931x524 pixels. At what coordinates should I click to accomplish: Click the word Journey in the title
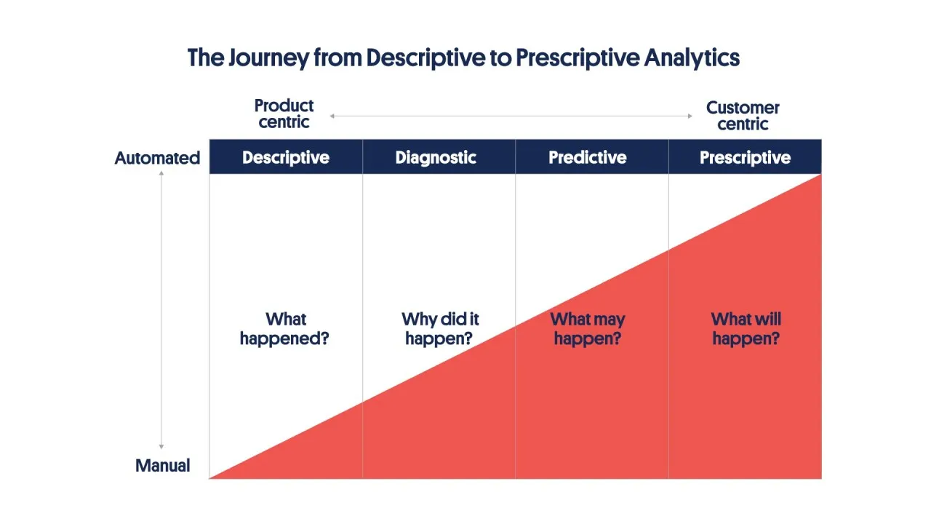click(x=265, y=57)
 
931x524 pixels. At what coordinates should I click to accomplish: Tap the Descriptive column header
click(x=285, y=157)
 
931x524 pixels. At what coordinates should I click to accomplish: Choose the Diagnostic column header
click(x=436, y=157)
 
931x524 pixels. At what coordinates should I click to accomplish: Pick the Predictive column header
click(x=587, y=157)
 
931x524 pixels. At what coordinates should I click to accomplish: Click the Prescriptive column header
click(x=745, y=157)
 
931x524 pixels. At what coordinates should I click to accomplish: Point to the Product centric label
click(x=284, y=114)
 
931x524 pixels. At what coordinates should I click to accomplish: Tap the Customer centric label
click(x=743, y=116)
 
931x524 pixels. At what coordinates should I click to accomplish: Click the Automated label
click(x=157, y=158)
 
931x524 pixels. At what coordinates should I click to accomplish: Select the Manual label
click(x=162, y=466)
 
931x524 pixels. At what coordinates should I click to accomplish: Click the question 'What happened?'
click(x=284, y=329)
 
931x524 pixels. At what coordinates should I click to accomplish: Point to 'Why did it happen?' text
click(x=439, y=329)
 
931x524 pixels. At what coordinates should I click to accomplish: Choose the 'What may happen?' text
click(x=587, y=329)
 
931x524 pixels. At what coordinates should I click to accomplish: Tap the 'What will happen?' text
click(x=746, y=329)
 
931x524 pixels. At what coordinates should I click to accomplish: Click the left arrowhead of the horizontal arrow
click(x=332, y=116)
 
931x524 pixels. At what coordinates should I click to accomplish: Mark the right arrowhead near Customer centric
click(x=690, y=116)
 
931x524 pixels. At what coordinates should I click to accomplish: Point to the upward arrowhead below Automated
click(x=161, y=174)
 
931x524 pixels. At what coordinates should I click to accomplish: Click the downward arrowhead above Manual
click(x=161, y=446)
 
